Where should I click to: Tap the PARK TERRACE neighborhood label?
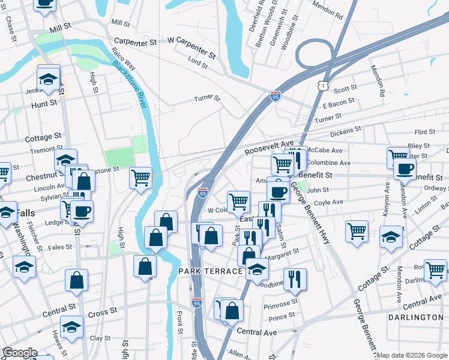[210, 272]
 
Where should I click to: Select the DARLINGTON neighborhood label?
[415, 317]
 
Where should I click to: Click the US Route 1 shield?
[324, 86]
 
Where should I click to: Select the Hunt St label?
[44, 103]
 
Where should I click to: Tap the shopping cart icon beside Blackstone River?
[140, 177]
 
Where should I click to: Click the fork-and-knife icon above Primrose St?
[294, 278]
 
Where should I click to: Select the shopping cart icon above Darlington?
[435, 269]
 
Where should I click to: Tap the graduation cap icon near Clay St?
[71, 326]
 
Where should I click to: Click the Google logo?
[20, 353]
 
